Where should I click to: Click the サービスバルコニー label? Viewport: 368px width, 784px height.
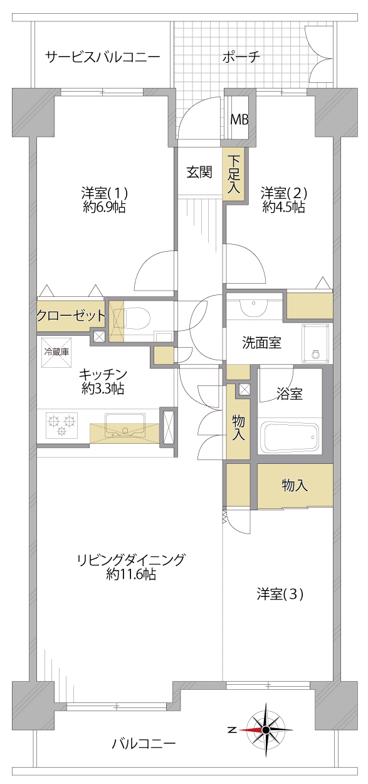click(103, 56)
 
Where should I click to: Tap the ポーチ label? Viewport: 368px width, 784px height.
click(241, 56)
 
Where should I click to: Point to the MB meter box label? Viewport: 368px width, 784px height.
click(239, 120)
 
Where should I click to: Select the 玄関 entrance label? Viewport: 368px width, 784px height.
click(199, 172)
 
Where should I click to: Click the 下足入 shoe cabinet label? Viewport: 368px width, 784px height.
click(234, 174)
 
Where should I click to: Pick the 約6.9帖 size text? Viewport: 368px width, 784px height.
click(104, 208)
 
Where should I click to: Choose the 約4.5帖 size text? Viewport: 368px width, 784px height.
click(283, 208)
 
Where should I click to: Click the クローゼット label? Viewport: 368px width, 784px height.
click(71, 316)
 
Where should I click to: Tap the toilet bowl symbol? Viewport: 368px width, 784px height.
click(137, 319)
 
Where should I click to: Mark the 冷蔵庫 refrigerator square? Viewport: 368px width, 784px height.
click(56, 352)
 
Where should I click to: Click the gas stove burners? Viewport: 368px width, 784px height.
click(61, 424)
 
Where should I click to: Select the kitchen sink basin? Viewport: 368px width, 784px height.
click(125, 424)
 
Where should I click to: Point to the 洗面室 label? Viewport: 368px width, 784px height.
click(262, 343)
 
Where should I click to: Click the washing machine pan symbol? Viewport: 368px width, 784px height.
click(316, 344)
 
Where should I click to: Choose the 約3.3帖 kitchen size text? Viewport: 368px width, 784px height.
click(103, 389)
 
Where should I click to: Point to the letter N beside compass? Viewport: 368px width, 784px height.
click(232, 730)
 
